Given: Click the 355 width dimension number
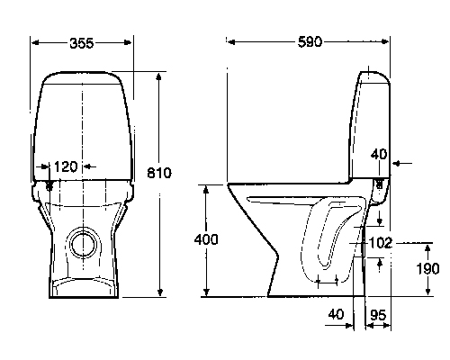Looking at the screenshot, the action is point(82,43).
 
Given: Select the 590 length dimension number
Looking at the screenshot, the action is point(310,42).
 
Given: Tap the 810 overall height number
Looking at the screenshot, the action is point(159,173).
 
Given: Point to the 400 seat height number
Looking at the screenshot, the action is point(206,239).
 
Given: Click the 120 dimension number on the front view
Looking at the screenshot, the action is point(66,166).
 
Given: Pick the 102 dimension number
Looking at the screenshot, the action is point(380,243).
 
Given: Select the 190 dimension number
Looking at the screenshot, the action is point(427,269).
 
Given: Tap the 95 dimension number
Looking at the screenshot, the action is point(378,315).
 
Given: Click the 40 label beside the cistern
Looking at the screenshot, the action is point(379,154).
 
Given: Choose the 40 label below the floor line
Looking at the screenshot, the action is point(336,314).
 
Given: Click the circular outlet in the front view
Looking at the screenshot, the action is point(84,245).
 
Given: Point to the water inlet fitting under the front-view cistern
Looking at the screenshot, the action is point(49,185).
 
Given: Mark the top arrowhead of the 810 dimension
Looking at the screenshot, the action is point(159,76).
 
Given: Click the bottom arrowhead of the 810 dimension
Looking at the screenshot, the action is point(160,292).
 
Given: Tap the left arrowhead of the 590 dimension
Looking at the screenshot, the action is point(231,42).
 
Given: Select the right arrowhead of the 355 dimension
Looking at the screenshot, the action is point(128,42).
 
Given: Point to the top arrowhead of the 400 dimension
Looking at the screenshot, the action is point(206,190).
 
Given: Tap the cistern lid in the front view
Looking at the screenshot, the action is point(82,77).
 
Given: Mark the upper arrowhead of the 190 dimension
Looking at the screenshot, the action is point(428,248).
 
